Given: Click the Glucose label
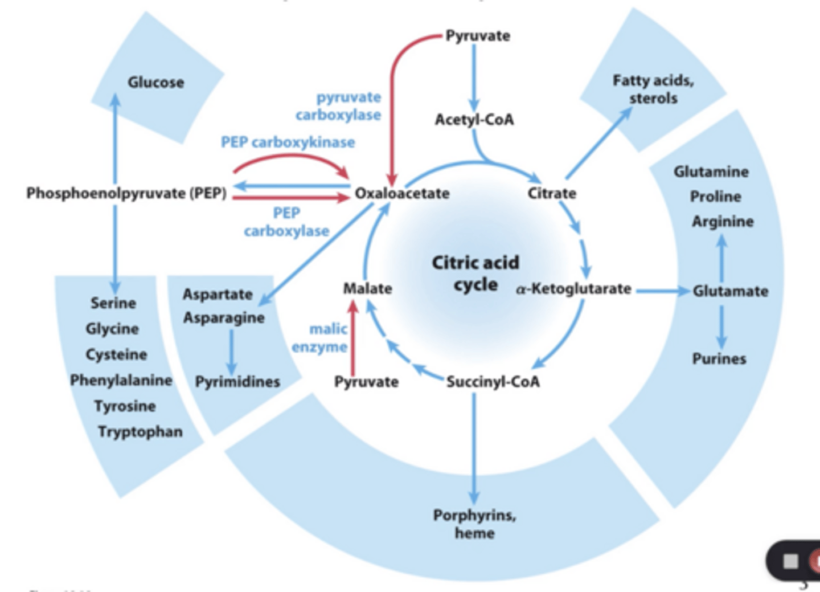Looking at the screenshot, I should tap(155, 82).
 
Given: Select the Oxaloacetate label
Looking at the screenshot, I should tap(402, 193).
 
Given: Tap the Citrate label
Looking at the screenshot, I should tap(551, 193).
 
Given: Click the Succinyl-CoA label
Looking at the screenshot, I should tap(493, 381).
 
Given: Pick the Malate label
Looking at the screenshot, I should tap(367, 288).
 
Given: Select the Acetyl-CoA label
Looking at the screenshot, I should tap(474, 120).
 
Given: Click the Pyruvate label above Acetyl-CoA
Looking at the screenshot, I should tap(477, 35).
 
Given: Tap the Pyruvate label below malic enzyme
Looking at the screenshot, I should tap(366, 381).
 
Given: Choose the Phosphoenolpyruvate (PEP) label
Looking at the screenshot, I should tap(126, 193).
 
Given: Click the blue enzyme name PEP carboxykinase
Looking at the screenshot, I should tap(288, 142).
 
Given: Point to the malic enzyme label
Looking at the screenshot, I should tap(321, 337).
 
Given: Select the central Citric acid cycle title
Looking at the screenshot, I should tap(475, 273).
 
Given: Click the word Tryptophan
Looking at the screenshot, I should tap(140, 431).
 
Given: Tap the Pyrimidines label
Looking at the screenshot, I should tap(237, 381).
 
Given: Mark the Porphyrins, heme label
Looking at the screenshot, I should tap(474, 524).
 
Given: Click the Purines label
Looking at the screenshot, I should tap(719, 358).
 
